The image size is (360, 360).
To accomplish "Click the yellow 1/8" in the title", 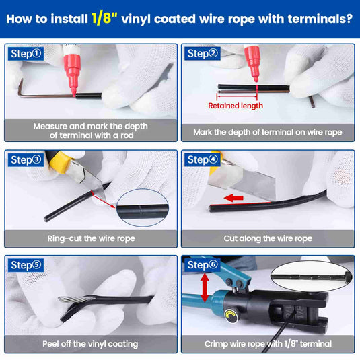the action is pyautogui.click(x=104, y=18).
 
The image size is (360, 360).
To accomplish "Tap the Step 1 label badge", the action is pyautogui.click(x=26, y=54).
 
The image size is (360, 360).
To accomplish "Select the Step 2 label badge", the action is pyautogui.click(x=203, y=53).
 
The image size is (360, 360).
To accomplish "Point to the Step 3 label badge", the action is pyautogui.click(x=26, y=159).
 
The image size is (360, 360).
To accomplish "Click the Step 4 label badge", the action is pyautogui.click(x=203, y=159).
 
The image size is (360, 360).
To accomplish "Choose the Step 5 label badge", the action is pyautogui.click(x=26, y=265).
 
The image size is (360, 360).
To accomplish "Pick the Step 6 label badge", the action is pyautogui.click(x=203, y=265).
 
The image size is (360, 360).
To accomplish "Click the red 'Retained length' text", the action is pyautogui.click(x=236, y=106).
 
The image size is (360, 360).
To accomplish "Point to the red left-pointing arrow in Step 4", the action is pyautogui.click(x=233, y=198).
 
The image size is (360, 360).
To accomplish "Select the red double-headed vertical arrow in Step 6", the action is pyautogui.click(x=205, y=287).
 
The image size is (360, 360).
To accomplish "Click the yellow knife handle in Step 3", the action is pyautogui.click(x=58, y=161).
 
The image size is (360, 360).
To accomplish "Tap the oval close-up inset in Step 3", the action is pyautogui.click(x=143, y=208).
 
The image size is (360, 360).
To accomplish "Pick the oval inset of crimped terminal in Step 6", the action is pyautogui.click(x=311, y=277).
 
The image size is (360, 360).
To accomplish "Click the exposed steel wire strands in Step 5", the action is pyautogui.click(x=76, y=299).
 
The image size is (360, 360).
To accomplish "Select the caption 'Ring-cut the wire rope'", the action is pyautogui.click(x=91, y=238).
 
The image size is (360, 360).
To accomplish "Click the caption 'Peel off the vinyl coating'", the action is pyautogui.click(x=90, y=344).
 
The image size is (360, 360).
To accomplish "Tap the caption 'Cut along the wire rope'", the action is pyautogui.click(x=268, y=238).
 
